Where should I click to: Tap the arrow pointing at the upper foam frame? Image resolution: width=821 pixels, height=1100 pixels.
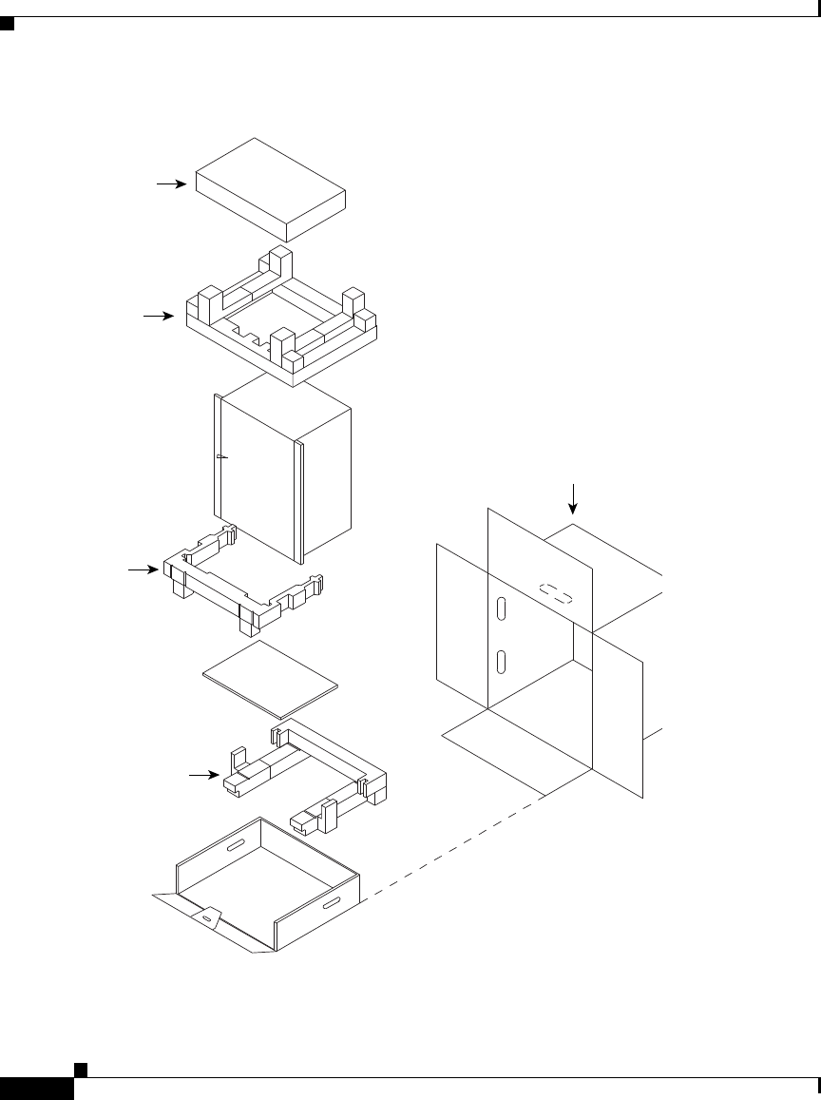tap(158, 315)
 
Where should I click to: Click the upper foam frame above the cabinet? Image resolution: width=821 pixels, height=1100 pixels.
tap(285, 323)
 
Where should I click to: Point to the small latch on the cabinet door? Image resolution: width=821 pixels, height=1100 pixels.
tap(220, 457)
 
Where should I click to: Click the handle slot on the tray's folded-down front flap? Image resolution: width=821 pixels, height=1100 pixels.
tap(206, 919)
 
